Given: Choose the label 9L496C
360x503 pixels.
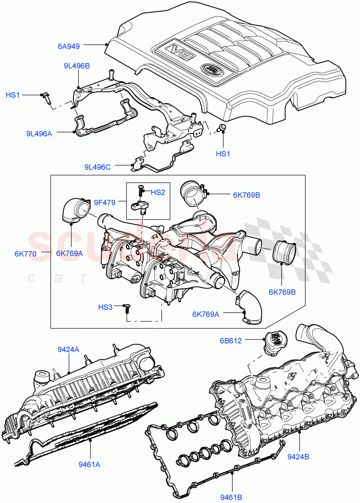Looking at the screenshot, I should click(x=98, y=167).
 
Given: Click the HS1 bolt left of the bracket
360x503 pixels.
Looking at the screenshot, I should click(x=46, y=97).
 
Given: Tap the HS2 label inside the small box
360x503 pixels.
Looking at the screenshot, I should click(x=158, y=192).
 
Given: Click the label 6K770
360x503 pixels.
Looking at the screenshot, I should click(x=26, y=254).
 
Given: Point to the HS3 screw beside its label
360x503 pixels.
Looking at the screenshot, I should click(x=127, y=309).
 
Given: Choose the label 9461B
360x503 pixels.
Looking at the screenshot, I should click(x=231, y=497).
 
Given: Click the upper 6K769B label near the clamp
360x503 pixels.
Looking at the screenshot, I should click(x=247, y=195).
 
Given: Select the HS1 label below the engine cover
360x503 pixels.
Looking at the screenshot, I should click(x=223, y=154).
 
